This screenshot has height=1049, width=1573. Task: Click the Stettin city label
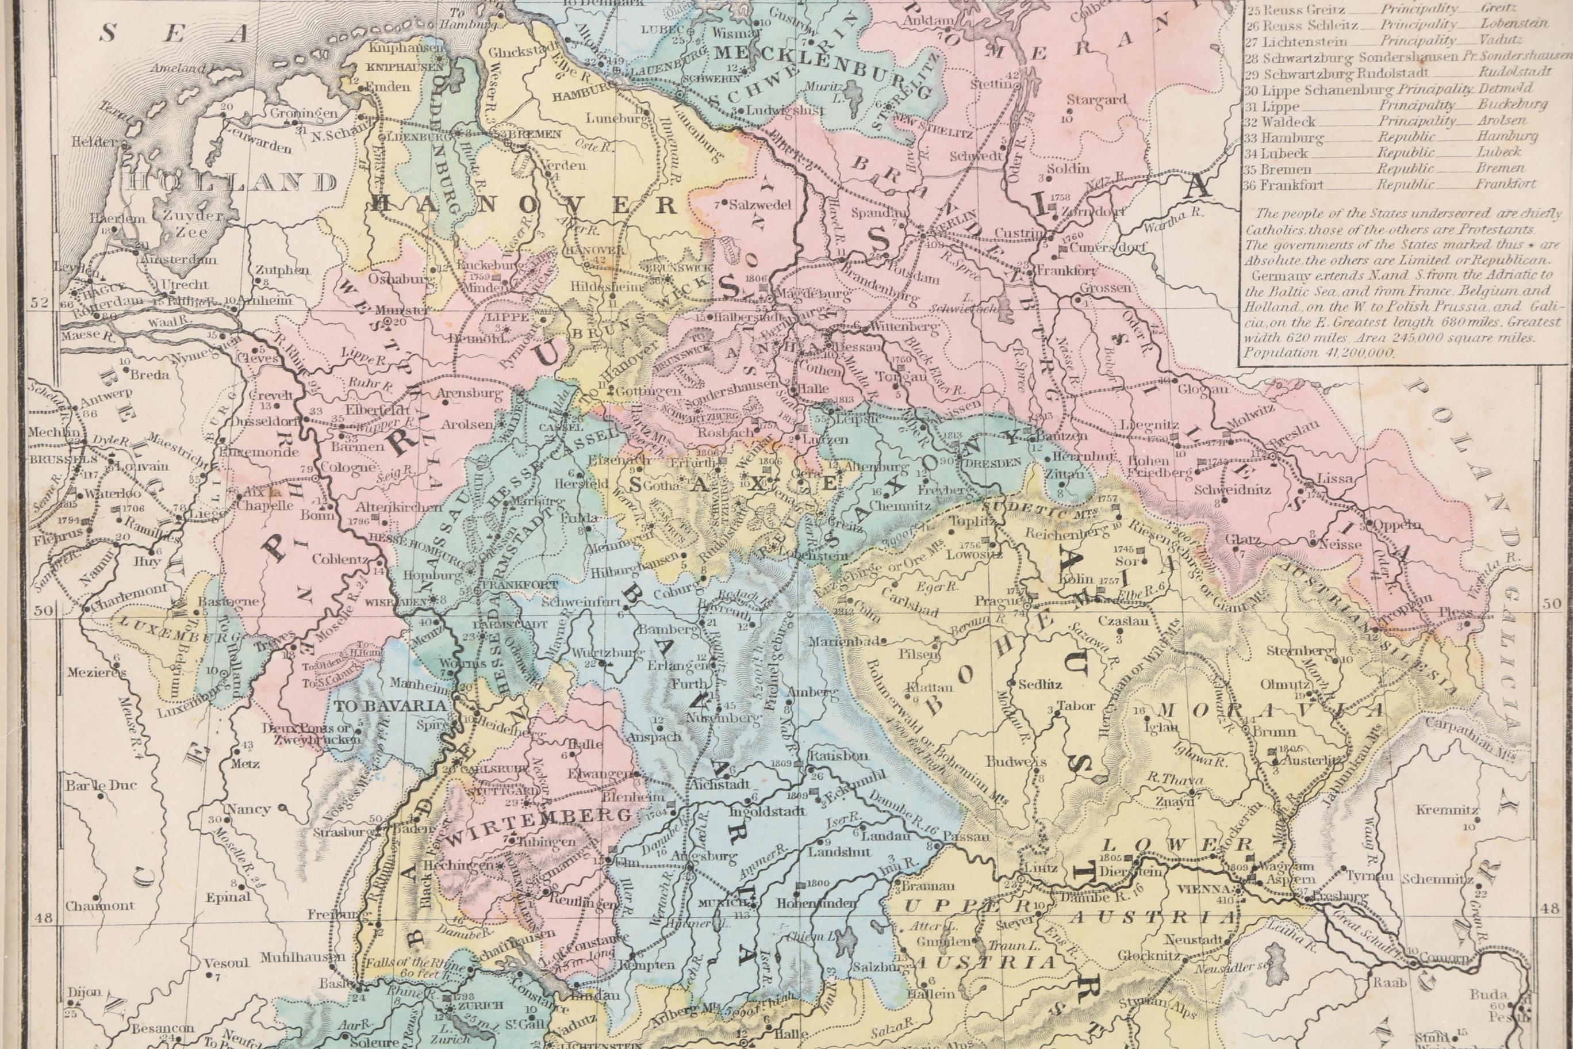coord(992,83)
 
